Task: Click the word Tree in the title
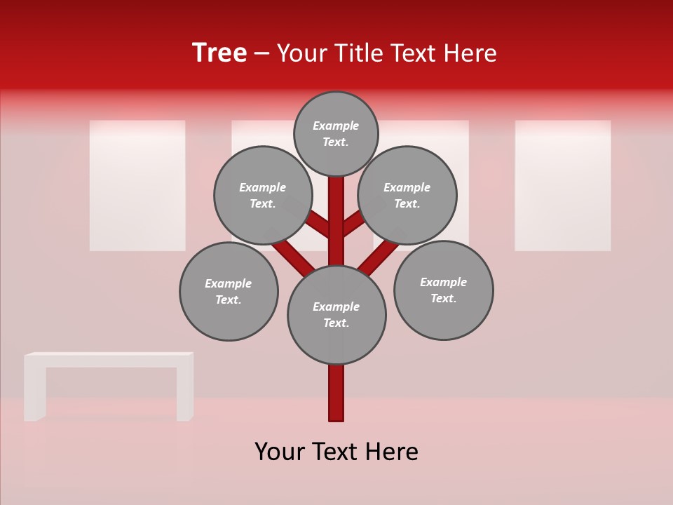(x=219, y=53)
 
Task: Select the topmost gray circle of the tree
(x=336, y=133)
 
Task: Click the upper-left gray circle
(x=262, y=195)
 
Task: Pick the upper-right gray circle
(x=407, y=195)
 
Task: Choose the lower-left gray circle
(x=229, y=291)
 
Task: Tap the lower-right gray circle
(x=443, y=290)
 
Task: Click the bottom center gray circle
(x=336, y=315)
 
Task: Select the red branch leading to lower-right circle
(x=379, y=256)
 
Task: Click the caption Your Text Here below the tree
(x=336, y=452)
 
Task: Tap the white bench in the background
(x=109, y=360)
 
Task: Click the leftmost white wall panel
(x=137, y=185)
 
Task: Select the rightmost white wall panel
(x=562, y=185)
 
